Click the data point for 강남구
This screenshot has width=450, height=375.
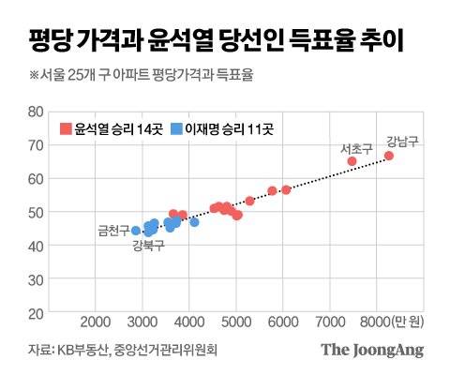pos(389,156)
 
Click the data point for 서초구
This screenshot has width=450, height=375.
pos(352,161)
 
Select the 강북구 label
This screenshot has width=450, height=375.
pos(148,246)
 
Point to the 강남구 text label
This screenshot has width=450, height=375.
pos(402,142)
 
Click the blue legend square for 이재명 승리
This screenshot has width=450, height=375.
pos(175,127)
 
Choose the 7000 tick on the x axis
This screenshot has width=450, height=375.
pos(331,322)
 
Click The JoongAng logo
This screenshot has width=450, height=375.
pos(372,351)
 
